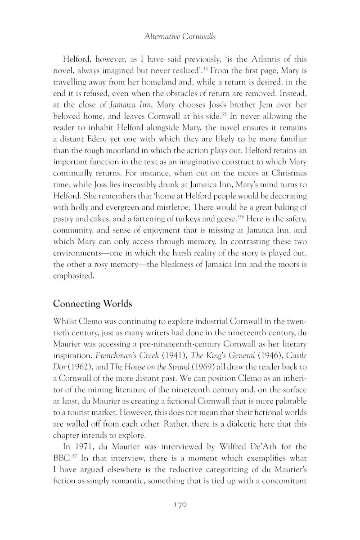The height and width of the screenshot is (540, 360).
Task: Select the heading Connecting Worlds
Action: coord(92,304)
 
